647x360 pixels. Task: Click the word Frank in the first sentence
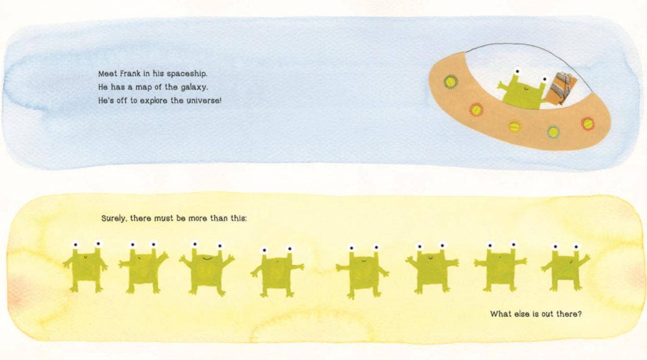tap(130, 74)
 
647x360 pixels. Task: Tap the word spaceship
tap(187, 74)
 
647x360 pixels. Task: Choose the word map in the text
tap(144, 88)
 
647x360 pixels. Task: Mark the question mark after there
tap(580, 314)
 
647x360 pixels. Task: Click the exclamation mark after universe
tap(221, 101)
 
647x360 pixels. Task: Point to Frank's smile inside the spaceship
tap(526, 89)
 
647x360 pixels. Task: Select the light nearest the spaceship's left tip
tap(451, 82)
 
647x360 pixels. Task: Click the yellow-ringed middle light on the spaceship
tap(514, 127)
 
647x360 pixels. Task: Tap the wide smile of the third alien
tap(208, 258)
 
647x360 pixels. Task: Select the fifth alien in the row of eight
tap(363, 271)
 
